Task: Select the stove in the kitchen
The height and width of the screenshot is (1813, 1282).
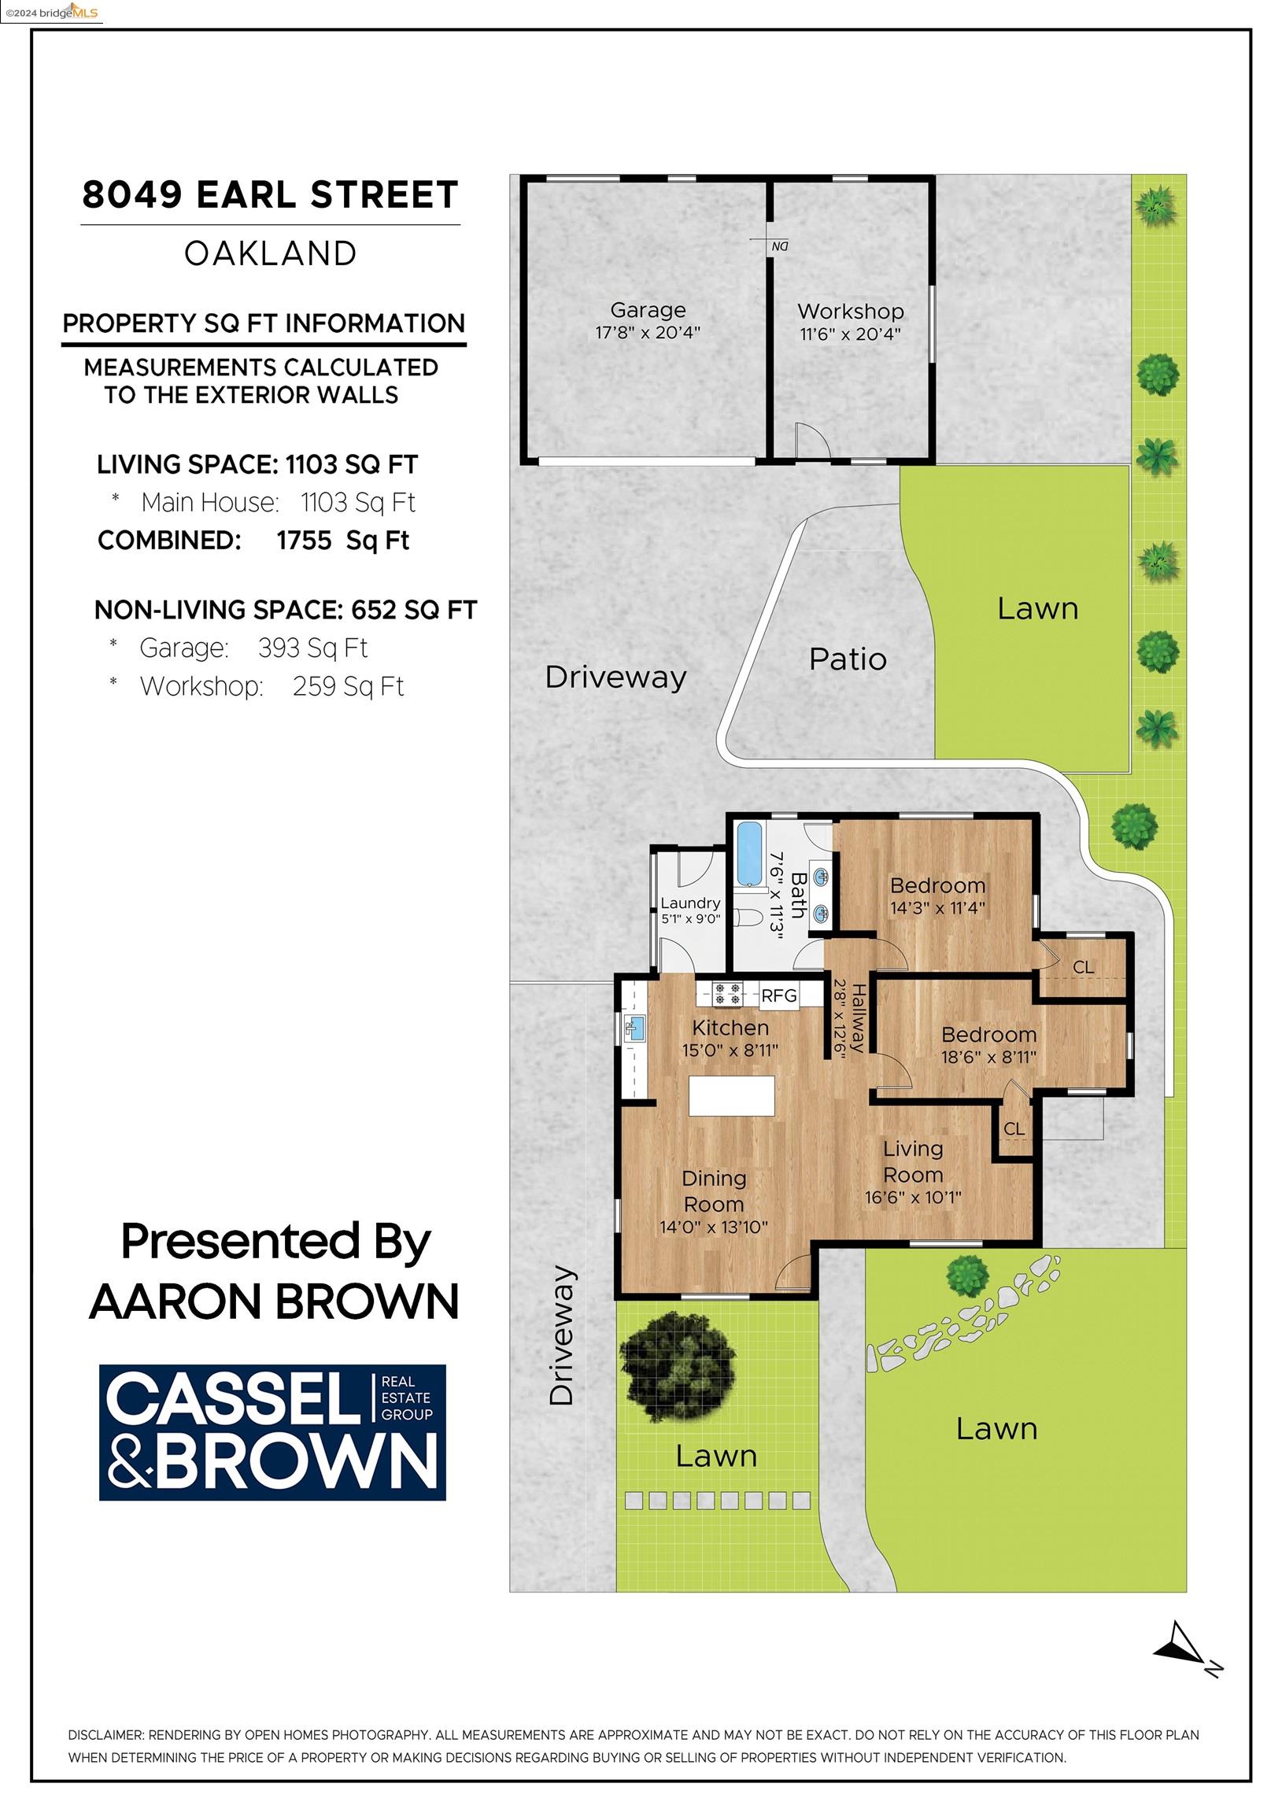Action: coord(726,993)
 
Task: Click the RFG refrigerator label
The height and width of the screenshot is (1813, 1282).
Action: coord(778,995)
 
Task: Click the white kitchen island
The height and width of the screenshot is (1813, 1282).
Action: coord(731,1095)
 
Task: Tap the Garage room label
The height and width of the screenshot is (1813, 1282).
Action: coord(648,310)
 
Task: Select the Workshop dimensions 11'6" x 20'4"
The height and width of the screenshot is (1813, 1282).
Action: coord(850,334)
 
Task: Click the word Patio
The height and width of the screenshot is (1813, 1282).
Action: coord(848,659)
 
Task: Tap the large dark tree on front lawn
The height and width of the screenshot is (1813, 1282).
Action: coord(679,1368)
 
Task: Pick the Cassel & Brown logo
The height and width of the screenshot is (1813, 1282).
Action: coord(272,1432)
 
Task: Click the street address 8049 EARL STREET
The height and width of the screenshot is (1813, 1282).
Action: coord(270,195)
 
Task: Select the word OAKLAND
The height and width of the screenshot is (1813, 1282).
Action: coord(270,253)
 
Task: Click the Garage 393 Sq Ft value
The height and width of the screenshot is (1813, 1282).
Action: coord(312,648)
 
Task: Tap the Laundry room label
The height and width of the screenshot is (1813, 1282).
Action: coord(690,903)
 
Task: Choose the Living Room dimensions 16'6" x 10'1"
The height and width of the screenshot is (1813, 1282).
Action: coord(913,1197)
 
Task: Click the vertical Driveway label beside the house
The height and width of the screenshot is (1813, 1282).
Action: coord(562,1336)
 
